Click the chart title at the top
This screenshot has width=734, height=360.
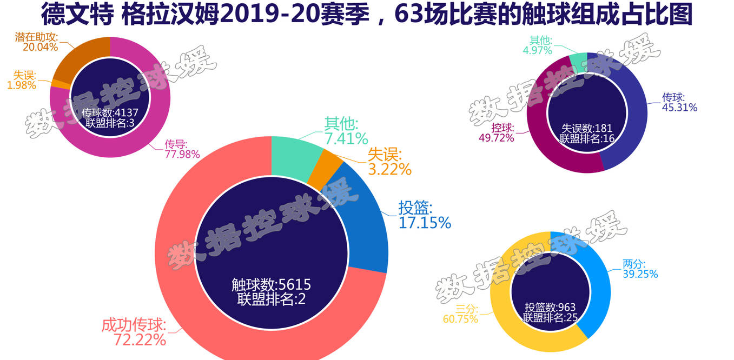click(367, 15)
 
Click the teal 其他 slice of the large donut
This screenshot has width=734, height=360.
click(295, 154)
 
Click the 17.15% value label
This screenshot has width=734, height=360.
click(425, 222)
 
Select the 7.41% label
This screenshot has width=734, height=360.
click(346, 138)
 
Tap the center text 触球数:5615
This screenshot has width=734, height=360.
click(271, 285)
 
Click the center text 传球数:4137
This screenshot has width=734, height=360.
click(110, 112)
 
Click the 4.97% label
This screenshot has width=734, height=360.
click(537, 51)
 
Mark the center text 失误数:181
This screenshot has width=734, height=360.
click(587, 129)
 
